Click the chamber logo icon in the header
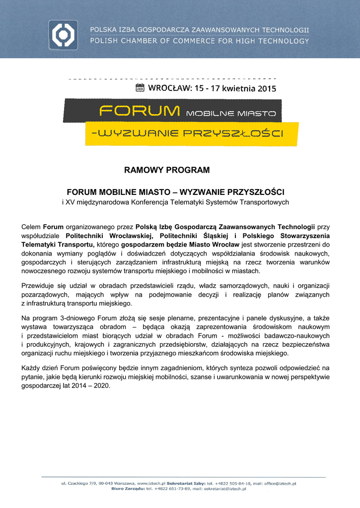point(63,35)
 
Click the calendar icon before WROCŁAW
point(140,88)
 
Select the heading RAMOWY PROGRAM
point(167,170)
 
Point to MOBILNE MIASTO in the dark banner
point(230,114)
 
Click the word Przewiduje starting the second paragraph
point(39,286)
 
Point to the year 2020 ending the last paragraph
point(101,385)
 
